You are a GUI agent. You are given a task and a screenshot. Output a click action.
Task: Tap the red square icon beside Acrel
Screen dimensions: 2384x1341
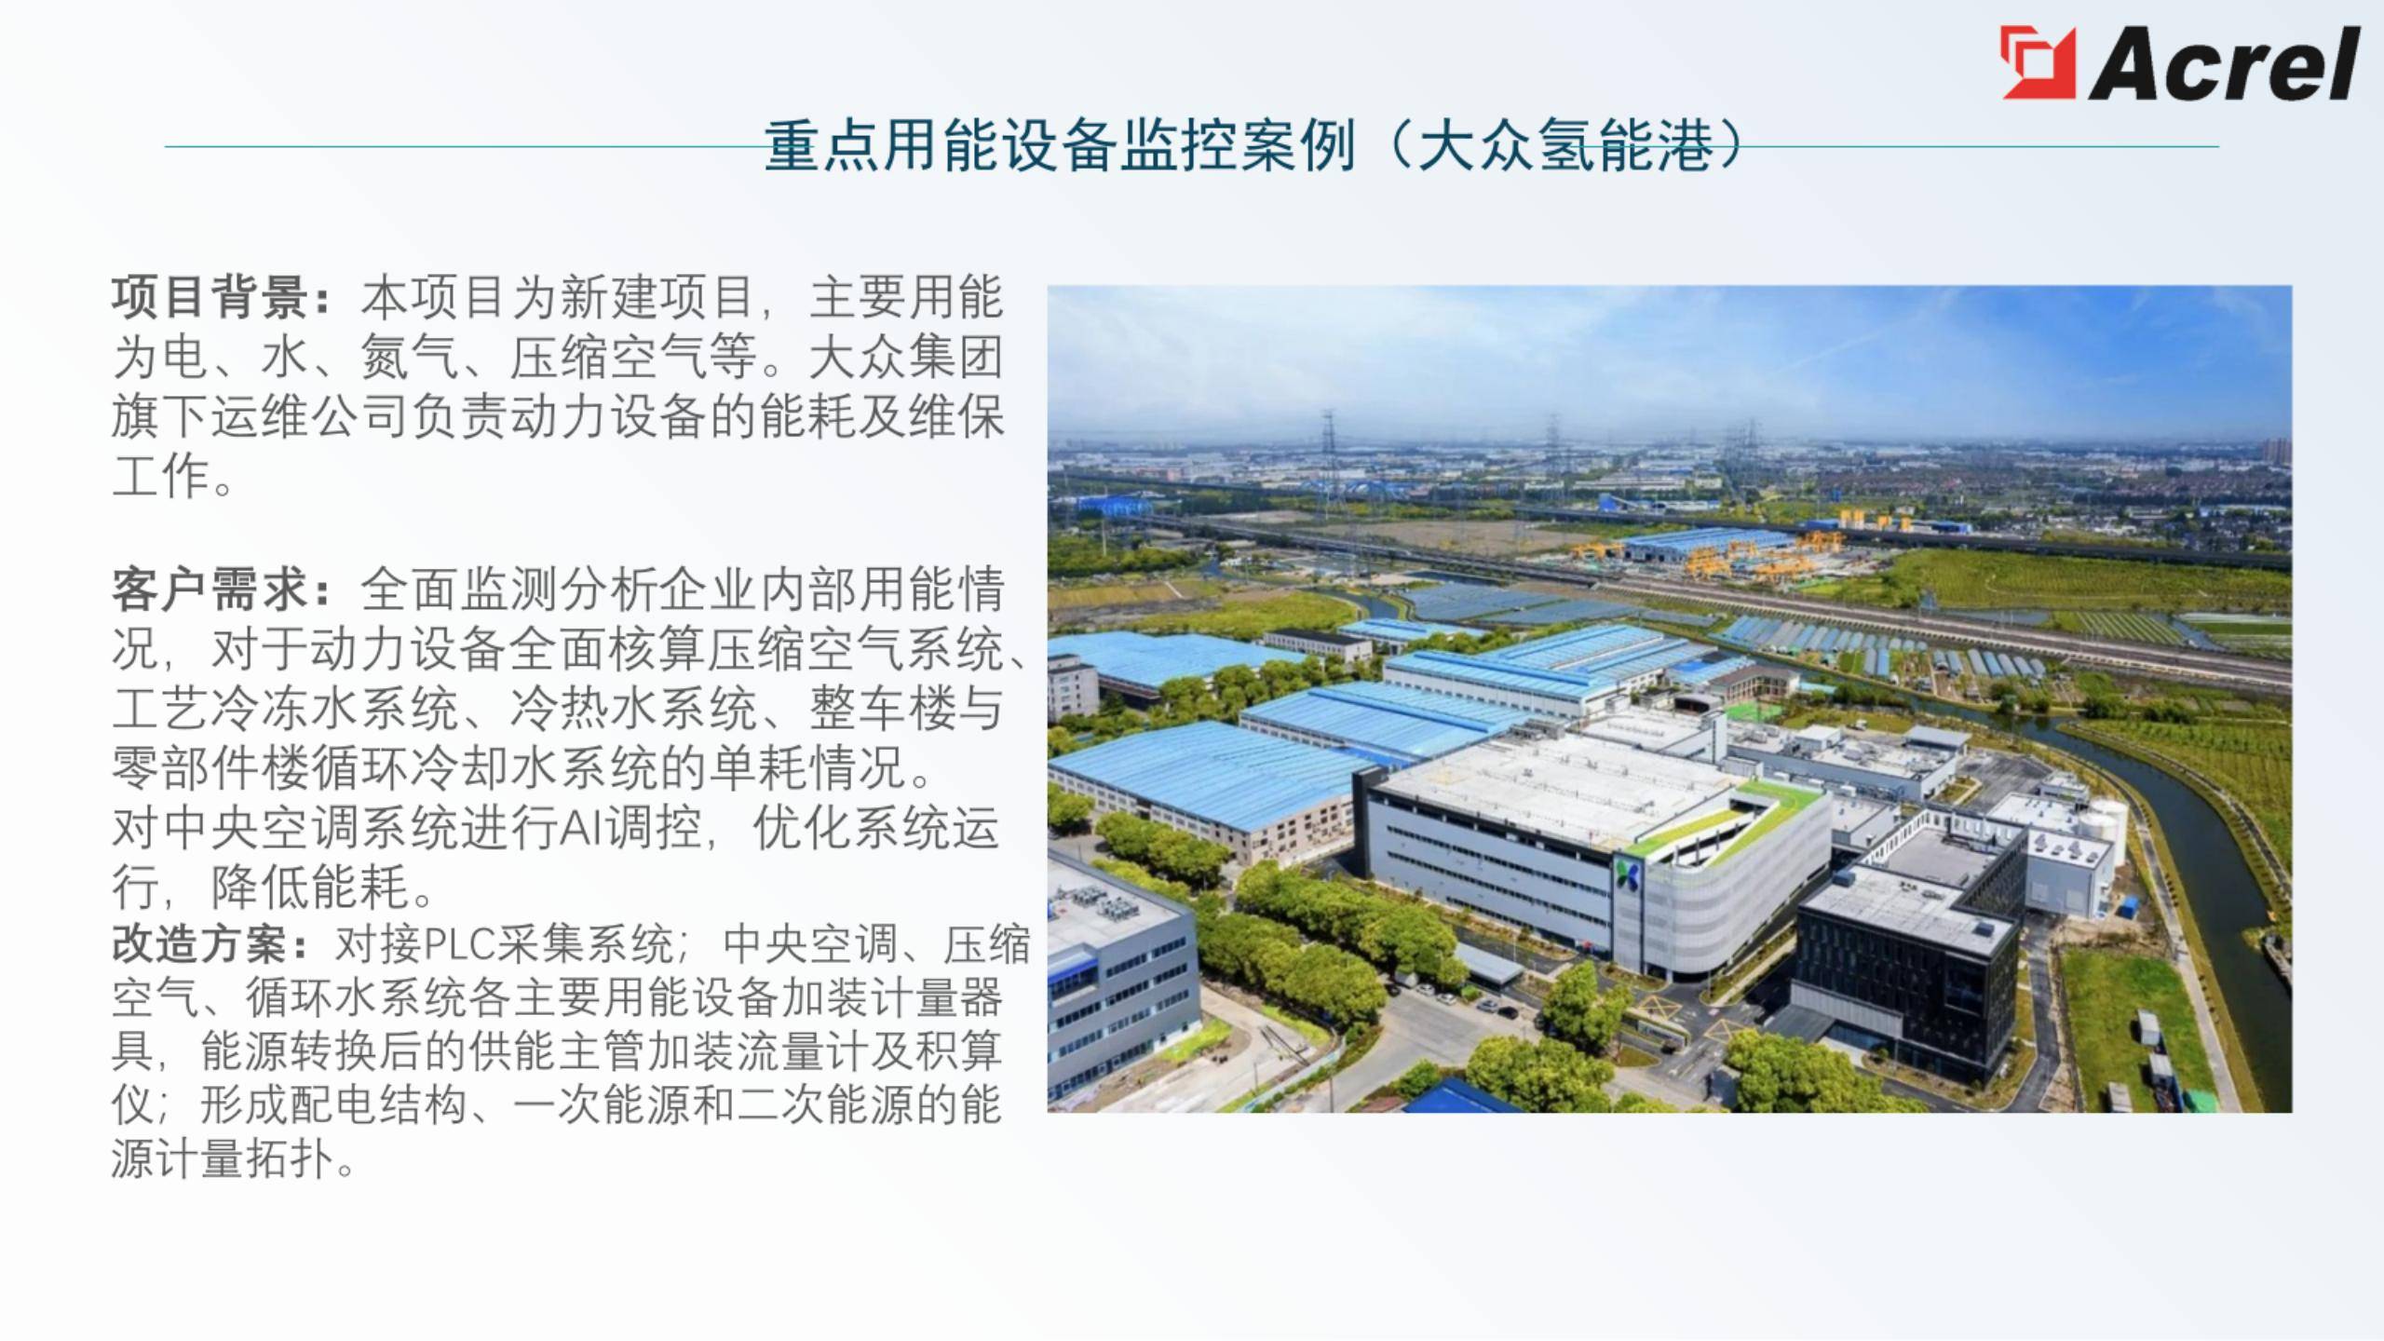tap(2038, 62)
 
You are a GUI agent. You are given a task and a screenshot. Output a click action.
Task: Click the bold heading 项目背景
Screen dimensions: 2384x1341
tap(210, 297)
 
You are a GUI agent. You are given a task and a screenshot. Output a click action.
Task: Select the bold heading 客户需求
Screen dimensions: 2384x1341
tap(210, 589)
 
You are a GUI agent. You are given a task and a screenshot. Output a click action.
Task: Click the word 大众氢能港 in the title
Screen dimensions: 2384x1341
tap(1564, 147)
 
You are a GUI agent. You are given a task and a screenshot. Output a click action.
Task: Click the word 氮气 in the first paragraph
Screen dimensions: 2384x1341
tap(409, 357)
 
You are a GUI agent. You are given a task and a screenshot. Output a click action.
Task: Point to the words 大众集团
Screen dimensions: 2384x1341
tap(905, 357)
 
